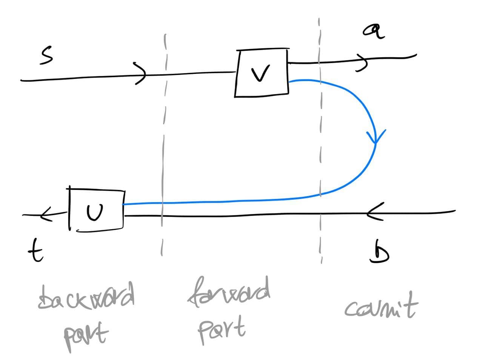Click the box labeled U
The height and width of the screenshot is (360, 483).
97,210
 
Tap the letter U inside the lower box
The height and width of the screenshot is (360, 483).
94,213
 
